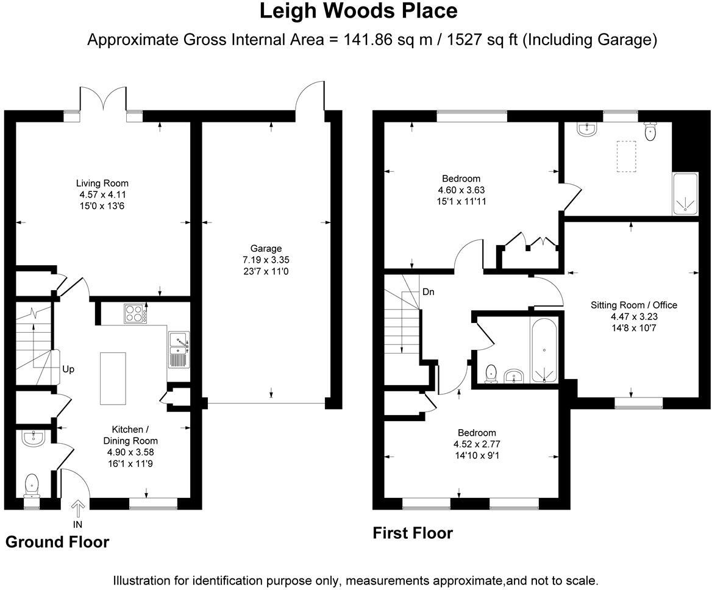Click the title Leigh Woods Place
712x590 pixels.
click(x=358, y=11)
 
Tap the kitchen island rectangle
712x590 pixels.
click(x=113, y=378)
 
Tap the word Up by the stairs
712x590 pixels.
click(x=68, y=369)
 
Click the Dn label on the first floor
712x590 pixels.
click(x=429, y=292)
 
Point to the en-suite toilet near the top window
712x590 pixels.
click(x=650, y=132)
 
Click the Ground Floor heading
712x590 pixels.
click(x=57, y=542)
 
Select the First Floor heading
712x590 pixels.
click(x=413, y=533)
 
